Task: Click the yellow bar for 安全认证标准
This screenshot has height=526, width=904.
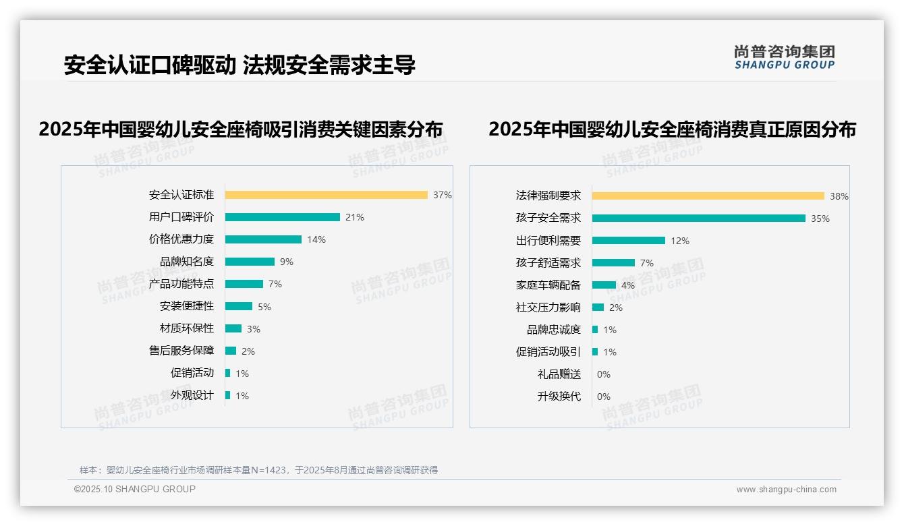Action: click(x=326, y=195)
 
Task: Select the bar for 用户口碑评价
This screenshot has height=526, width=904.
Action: click(x=282, y=217)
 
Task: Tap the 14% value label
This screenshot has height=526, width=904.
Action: click(x=316, y=239)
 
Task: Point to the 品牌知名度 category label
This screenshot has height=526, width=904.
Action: click(x=187, y=262)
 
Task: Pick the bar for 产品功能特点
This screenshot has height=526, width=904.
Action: click(x=244, y=284)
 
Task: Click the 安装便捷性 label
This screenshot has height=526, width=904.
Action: click(x=187, y=306)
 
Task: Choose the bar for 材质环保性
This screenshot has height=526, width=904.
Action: click(x=233, y=328)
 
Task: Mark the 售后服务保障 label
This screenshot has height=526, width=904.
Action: click(x=181, y=351)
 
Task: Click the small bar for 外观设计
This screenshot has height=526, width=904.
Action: click(x=227, y=395)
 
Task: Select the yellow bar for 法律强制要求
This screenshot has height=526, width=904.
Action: click(x=708, y=196)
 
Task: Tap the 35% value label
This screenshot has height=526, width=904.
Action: click(x=820, y=218)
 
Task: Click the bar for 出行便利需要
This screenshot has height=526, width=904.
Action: click(x=628, y=241)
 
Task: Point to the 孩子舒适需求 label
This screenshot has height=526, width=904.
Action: click(x=548, y=263)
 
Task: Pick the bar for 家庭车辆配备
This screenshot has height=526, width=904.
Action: click(x=604, y=285)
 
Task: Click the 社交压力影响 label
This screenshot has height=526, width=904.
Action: click(x=548, y=308)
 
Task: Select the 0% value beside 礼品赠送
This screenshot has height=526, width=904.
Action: click(x=604, y=374)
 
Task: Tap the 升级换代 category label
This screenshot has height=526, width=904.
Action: click(x=559, y=397)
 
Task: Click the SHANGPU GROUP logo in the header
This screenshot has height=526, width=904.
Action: click(x=785, y=57)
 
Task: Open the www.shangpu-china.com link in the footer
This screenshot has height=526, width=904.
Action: click(x=786, y=490)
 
